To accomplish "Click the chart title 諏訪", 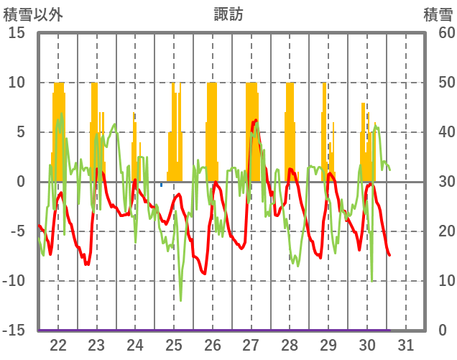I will [x=228, y=14].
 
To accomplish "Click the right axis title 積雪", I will [x=437, y=14].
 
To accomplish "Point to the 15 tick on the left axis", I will [x=17, y=33].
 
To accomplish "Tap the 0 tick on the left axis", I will [x=21, y=182].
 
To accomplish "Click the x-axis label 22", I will [x=58, y=345].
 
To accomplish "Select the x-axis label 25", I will [x=174, y=345].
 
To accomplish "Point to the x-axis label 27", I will [x=251, y=345].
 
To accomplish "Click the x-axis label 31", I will [x=406, y=345].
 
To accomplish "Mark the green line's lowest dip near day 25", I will [x=180, y=300].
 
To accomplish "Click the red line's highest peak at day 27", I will [x=256, y=120].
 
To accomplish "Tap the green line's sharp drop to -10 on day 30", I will [x=372, y=281].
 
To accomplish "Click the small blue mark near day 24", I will [x=161, y=185].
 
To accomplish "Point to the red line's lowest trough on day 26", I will [x=205, y=274].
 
